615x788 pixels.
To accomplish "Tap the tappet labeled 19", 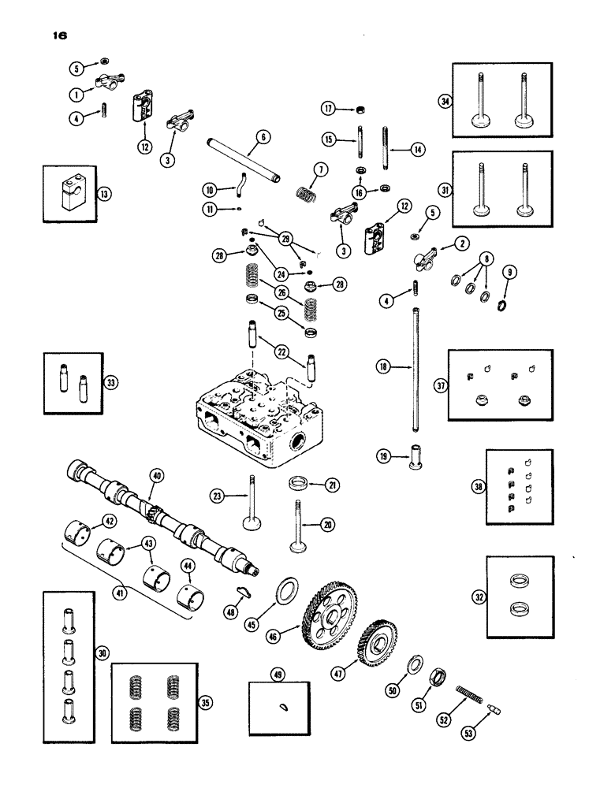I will click(x=414, y=459).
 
